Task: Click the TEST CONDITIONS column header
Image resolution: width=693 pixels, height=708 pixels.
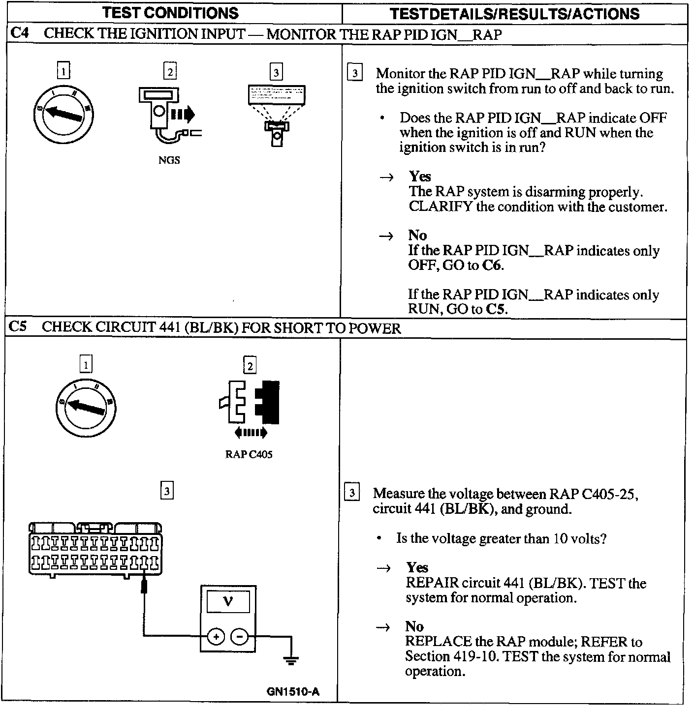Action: pyautogui.click(x=170, y=13)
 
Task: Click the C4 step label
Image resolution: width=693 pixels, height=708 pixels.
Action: pyautogui.click(x=19, y=33)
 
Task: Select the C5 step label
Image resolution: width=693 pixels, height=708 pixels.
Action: pyautogui.click(x=19, y=327)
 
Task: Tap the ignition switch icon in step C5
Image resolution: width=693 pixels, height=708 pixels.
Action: pyautogui.click(x=87, y=407)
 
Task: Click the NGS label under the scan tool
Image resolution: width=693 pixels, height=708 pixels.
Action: pyautogui.click(x=169, y=160)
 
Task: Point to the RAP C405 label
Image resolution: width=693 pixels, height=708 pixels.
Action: pyautogui.click(x=249, y=454)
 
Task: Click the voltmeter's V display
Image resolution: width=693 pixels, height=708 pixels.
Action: pyautogui.click(x=228, y=601)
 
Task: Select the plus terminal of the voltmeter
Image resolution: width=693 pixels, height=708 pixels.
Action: pyautogui.click(x=216, y=637)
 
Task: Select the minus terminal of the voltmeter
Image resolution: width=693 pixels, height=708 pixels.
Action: pyautogui.click(x=240, y=637)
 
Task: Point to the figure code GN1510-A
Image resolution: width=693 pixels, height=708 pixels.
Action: pyautogui.click(x=293, y=692)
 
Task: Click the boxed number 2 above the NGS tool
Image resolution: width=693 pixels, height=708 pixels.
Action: pyautogui.click(x=170, y=72)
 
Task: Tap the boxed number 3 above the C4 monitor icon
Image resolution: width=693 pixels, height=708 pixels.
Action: pyautogui.click(x=276, y=73)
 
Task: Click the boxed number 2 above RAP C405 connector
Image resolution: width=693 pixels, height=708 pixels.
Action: pyautogui.click(x=250, y=366)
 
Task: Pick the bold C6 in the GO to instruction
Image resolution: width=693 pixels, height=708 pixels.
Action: pyautogui.click(x=492, y=265)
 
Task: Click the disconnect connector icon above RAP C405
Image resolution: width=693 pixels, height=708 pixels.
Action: pyautogui.click(x=250, y=402)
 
